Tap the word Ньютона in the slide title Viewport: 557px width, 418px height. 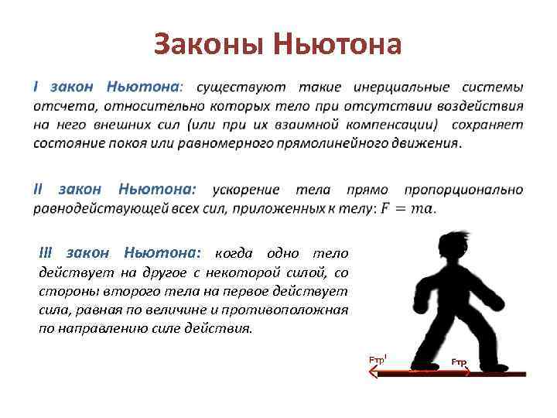(x=338, y=45)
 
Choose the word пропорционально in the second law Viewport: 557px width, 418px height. (x=464, y=190)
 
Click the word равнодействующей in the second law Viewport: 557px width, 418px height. (x=92, y=207)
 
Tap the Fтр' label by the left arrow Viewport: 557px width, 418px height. (x=378, y=360)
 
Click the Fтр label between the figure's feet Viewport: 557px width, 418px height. (x=460, y=362)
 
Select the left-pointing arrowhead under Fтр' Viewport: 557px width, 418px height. (x=373, y=372)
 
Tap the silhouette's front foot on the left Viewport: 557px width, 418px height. (x=424, y=365)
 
